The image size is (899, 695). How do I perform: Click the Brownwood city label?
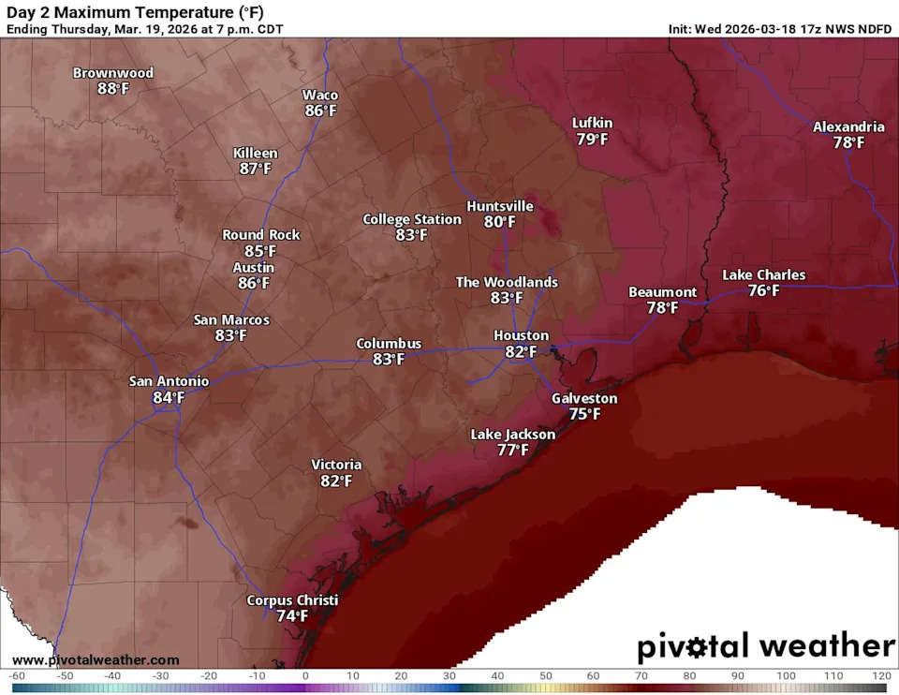click(113, 73)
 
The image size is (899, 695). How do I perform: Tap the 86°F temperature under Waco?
click(320, 111)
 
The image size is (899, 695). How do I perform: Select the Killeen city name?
click(256, 153)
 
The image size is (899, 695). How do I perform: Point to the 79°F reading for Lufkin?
click(592, 140)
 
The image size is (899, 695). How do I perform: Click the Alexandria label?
click(848, 126)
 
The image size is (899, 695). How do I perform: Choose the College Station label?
click(412, 219)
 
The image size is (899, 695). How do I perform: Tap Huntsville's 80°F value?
click(500, 222)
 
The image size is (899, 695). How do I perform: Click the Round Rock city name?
click(261, 235)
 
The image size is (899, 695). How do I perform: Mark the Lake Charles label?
click(763, 274)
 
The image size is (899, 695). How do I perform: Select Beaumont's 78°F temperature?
click(662, 307)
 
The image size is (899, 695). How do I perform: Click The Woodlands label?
click(507, 282)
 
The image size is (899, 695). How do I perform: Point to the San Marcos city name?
click(231, 319)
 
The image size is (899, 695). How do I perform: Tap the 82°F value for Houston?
click(521, 351)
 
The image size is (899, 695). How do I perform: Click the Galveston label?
click(584, 398)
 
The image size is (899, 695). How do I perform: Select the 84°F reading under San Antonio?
click(169, 397)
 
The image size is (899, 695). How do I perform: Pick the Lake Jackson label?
click(512, 435)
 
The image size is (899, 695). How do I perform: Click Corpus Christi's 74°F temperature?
click(292, 616)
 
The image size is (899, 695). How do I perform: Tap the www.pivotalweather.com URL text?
click(96, 660)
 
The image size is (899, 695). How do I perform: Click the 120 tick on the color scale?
click(880, 675)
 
